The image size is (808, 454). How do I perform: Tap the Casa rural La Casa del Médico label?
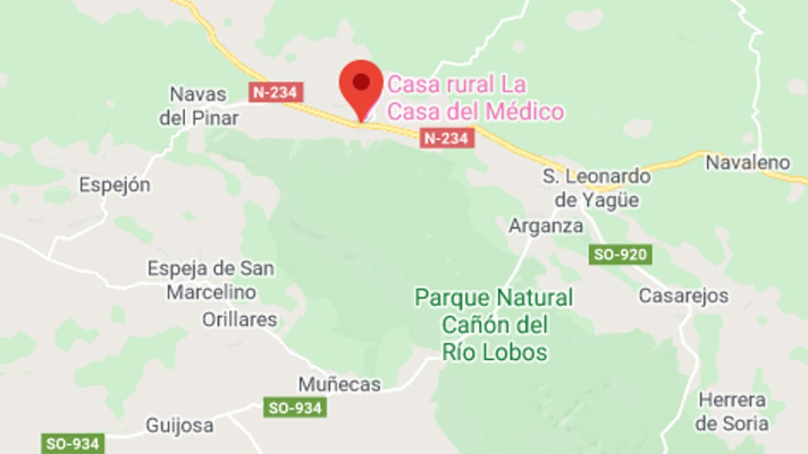(x=475, y=98)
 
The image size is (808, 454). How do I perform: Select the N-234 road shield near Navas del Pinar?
(x=276, y=92)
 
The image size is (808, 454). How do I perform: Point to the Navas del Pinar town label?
(x=199, y=106)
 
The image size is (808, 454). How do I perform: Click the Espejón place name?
(x=114, y=185)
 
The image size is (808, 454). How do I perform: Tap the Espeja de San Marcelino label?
(x=211, y=280)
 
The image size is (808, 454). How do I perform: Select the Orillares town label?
(x=240, y=319)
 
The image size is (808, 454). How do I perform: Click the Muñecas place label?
(x=339, y=385)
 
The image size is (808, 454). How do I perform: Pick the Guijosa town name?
(x=180, y=425)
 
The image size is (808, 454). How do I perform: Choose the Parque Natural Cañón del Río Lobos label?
(x=494, y=324)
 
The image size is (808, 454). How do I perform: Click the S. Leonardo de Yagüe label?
(x=597, y=188)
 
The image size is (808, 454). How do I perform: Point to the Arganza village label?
(x=546, y=226)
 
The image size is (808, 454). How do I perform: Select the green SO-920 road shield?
(x=620, y=255)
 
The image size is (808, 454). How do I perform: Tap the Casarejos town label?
(x=683, y=295)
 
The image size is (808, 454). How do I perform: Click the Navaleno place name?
(x=747, y=162)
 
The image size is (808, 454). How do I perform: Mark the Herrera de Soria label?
(x=732, y=412)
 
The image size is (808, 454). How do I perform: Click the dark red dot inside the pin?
(x=362, y=81)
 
